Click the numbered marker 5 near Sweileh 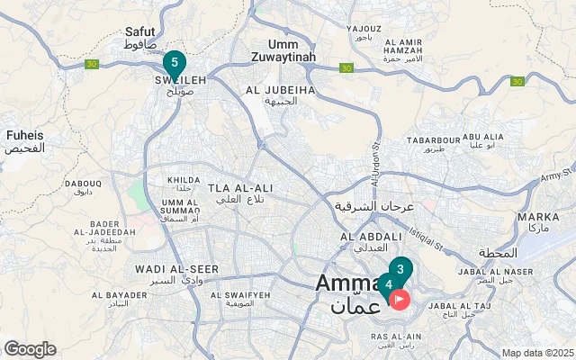point(175,63)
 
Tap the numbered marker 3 point(400,268)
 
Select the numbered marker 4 point(388,284)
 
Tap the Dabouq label point(83,186)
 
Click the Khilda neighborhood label point(184,179)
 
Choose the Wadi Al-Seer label point(165,274)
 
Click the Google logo point(30,348)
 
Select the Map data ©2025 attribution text point(536,353)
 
